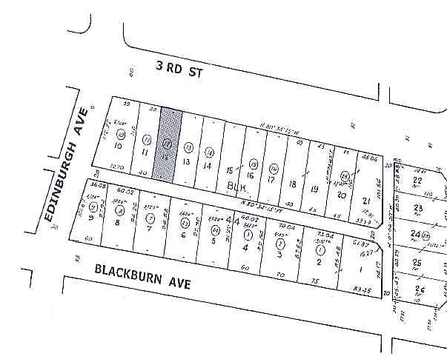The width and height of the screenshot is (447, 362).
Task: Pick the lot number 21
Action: [x=365, y=201]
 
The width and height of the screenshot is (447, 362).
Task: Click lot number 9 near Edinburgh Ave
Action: [x=90, y=217]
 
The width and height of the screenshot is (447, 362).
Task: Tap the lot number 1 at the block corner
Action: [x=359, y=268]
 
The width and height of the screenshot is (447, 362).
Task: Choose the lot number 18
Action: [x=294, y=184]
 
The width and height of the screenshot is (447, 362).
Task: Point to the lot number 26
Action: [x=421, y=288]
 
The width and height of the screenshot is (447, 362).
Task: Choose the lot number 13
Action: [x=188, y=162]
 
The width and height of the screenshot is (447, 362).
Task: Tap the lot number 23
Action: [x=419, y=208]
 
